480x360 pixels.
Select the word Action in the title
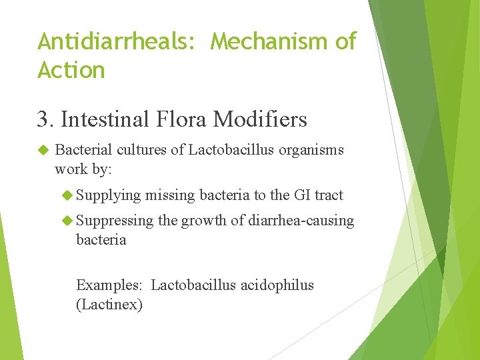click(71, 70)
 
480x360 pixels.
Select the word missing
click(170, 195)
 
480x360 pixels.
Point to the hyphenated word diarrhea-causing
click(301, 221)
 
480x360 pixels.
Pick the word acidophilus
click(275, 285)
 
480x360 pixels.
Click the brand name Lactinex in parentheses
click(109, 305)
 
